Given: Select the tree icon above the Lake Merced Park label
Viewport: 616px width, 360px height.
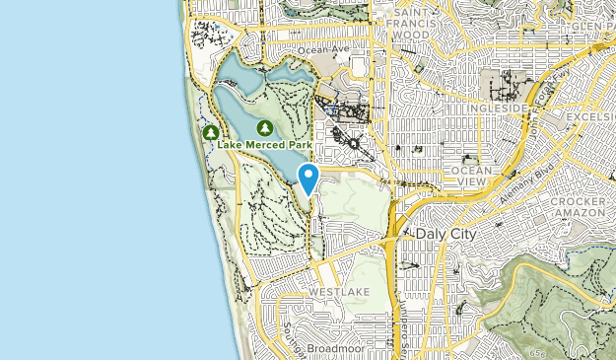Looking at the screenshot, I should tap(264, 128).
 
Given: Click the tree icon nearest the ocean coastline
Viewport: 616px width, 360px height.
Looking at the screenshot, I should tap(210, 132).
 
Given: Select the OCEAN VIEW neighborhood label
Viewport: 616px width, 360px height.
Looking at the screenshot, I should tap(469, 177).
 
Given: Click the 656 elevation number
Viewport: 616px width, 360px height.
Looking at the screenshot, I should tap(536, 352).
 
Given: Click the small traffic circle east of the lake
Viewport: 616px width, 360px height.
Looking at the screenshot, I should tap(352, 144).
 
